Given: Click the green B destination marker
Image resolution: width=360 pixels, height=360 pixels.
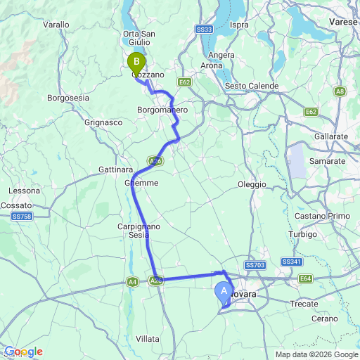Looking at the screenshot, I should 136,62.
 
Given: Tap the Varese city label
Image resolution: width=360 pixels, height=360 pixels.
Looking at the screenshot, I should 344,22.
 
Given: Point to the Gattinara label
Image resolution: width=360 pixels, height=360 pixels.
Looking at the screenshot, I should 116,170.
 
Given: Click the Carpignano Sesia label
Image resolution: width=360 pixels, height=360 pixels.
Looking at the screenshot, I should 139,231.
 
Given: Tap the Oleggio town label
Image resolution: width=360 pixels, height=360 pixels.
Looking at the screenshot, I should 252,184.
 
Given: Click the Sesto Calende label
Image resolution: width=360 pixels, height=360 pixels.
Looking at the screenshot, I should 252,86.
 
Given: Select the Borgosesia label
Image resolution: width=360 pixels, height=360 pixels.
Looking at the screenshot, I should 68,98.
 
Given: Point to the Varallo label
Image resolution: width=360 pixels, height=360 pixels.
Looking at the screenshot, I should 56,25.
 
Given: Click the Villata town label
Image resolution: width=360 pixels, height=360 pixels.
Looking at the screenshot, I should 148,338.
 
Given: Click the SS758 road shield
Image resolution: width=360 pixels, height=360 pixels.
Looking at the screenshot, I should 22,217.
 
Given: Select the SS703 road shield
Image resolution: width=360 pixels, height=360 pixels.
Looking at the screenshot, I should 255,264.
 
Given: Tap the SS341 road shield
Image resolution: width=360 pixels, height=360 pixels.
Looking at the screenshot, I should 291,262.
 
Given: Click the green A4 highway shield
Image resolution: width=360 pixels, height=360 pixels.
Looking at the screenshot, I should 132,282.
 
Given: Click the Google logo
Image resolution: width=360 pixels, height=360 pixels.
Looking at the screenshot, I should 23,352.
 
